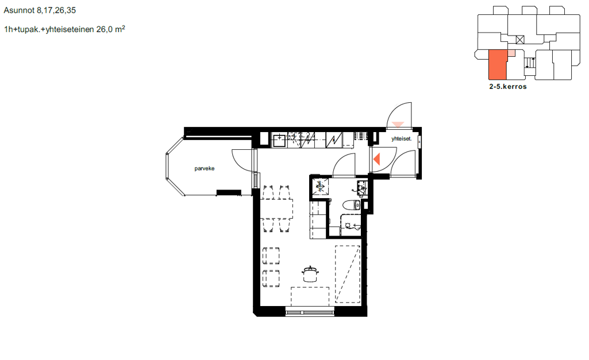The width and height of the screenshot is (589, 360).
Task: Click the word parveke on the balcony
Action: click(x=205, y=169)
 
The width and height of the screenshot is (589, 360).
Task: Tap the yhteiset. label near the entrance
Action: click(x=401, y=139)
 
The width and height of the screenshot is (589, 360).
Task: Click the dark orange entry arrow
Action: click(x=377, y=160)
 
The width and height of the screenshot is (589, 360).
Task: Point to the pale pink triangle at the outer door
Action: click(x=398, y=124)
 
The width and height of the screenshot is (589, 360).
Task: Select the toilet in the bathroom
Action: click(x=352, y=206)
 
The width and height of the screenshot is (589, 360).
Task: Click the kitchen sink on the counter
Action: click(x=279, y=141)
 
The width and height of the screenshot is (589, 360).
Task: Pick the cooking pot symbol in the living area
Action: click(x=310, y=274)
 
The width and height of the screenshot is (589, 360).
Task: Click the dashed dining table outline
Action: click(x=277, y=209)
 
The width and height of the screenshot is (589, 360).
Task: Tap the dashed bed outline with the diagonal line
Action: click(x=348, y=274)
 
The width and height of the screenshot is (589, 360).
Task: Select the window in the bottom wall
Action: click(x=310, y=312)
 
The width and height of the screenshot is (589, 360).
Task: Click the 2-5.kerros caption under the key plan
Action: click(x=508, y=87)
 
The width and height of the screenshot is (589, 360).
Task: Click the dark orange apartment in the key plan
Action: click(x=498, y=64)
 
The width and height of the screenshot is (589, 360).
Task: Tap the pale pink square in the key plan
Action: click(x=511, y=53)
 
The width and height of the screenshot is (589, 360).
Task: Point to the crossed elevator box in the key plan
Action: click(x=520, y=40)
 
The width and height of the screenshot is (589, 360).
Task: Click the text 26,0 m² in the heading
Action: click(x=111, y=29)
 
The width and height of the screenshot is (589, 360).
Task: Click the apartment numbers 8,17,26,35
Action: click(x=56, y=10)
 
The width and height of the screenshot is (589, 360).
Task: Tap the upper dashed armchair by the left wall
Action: click(x=271, y=256)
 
